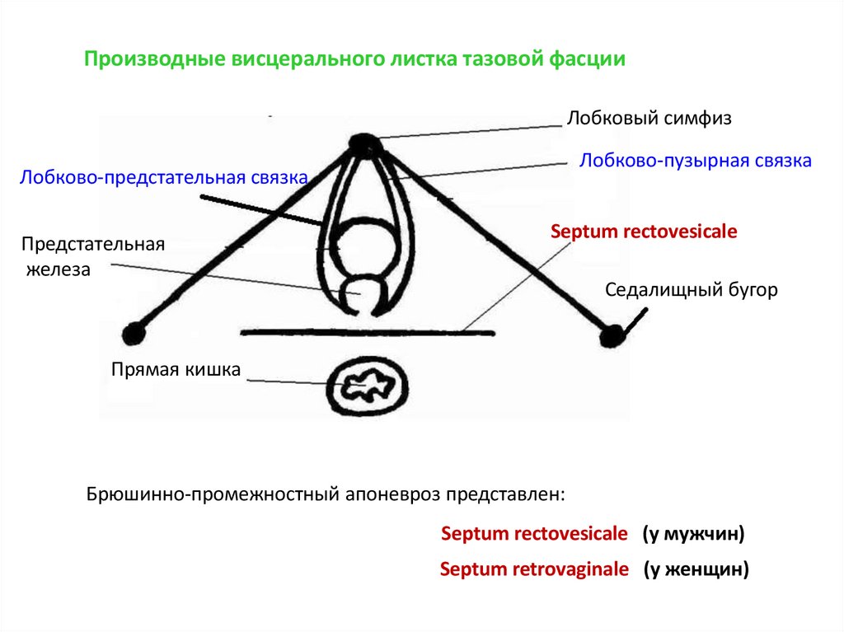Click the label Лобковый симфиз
(649, 119)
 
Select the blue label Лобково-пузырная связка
(695, 161)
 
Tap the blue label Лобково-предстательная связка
(164, 177)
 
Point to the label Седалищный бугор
(691, 291)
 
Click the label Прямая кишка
(176, 370)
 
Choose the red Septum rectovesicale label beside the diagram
(643, 232)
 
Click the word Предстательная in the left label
(93, 244)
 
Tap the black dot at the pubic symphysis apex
(363, 145)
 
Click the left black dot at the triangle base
(133, 334)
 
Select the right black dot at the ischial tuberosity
(612, 335)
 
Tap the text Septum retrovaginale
(533, 569)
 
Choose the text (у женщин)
(696, 569)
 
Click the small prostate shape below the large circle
(363, 293)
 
